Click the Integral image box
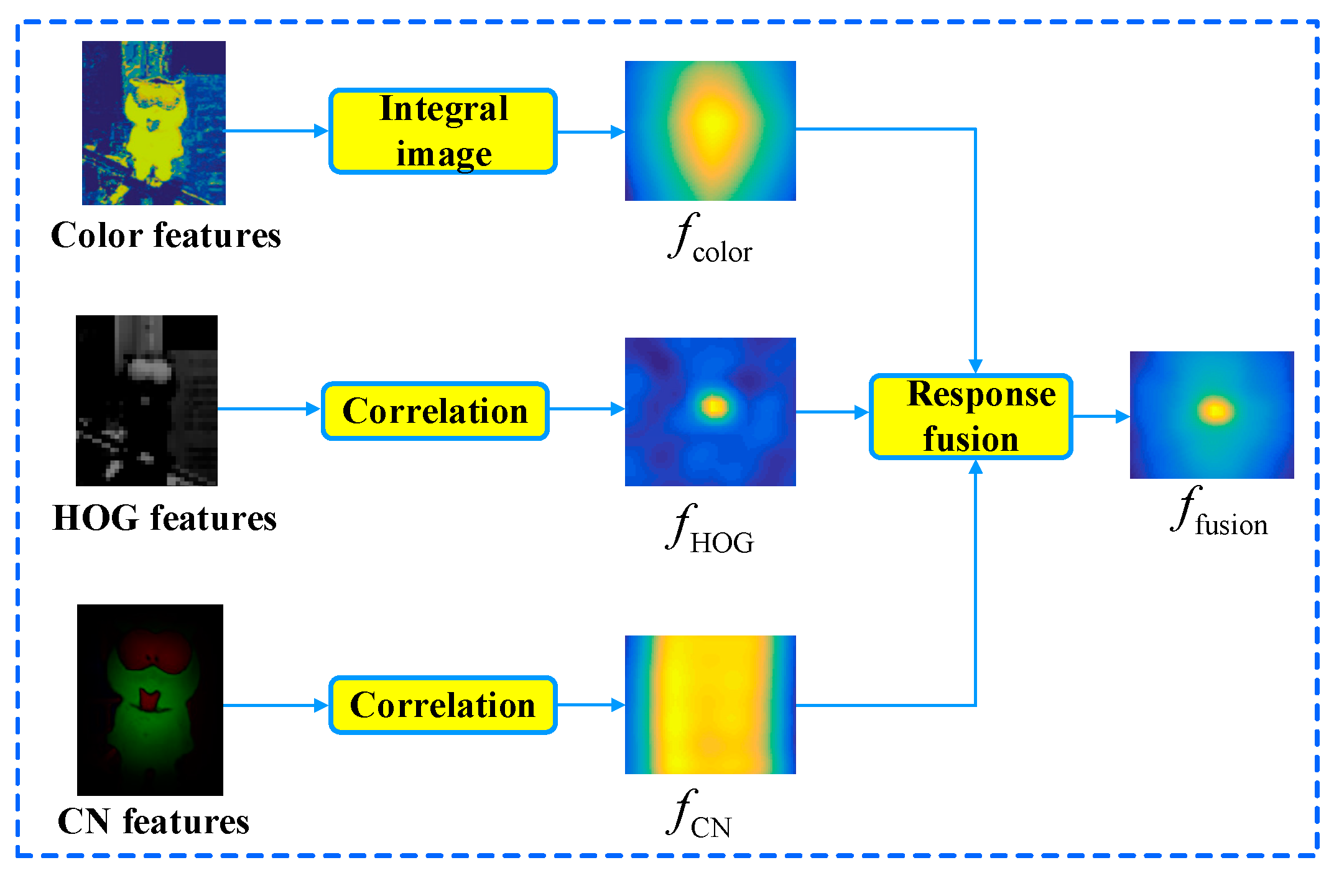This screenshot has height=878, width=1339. click(x=443, y=131)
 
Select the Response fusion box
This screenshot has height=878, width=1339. click(x=971, y=417)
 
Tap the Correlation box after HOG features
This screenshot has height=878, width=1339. click(x=435, y=411)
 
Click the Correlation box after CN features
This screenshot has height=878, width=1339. click(x=442, y=705)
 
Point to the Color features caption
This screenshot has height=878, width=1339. click(x=165, y=235)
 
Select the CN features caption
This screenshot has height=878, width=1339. click(x=153, y=821)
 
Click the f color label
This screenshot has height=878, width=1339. click(x=710, y=240)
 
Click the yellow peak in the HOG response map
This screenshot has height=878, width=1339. click(x=715, y=407)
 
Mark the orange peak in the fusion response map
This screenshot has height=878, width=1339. click(x=1216, y=411)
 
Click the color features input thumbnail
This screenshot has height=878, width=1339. click(x=154, y=123)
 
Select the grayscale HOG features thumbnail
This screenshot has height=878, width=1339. click(x=147, y=400)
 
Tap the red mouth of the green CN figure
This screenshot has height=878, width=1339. click(x=149, y=700)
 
